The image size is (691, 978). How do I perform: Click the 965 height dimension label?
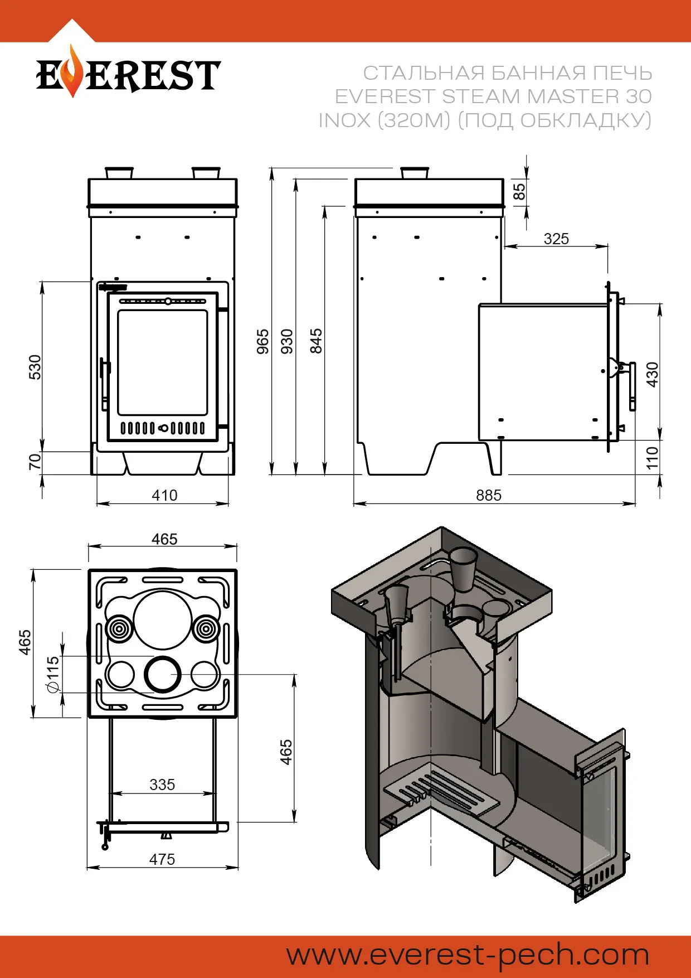coord(263,341)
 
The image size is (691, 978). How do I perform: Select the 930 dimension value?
coord(287,341)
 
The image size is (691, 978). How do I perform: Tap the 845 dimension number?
coord(316,341)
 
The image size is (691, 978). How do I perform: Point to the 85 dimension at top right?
coord(519,192)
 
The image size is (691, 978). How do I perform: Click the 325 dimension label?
coord(556,239)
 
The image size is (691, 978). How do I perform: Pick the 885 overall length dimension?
coord(489,495)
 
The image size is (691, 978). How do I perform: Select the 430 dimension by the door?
coord(652,374)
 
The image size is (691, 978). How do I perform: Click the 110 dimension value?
coord(652,457)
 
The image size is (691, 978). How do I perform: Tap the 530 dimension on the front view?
coord(35,367)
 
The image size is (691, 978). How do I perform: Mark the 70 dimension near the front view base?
coord(35,462)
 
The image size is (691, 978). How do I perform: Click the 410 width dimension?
coord(164,495)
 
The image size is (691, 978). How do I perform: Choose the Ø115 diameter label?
coord(53,674)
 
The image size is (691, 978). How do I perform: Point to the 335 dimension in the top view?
coord(162,785)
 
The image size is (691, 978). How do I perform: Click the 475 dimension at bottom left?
coord(162,859)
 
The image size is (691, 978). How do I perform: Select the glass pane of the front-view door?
coord(162,362)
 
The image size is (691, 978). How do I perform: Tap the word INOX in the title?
coord(344,120)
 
